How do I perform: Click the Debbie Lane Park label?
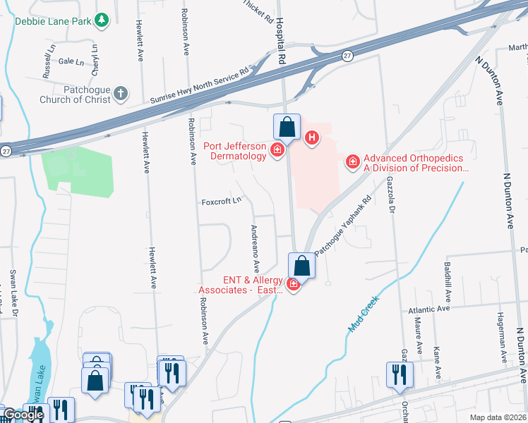click(x=53, y=21)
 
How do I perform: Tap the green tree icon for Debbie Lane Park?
click(x=102, y=20)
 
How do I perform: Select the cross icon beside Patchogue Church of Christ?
click(x=121, y=93)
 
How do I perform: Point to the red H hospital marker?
click(x=311, y=137)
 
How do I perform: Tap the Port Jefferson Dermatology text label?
click(x=235, y=151)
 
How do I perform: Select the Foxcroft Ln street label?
click(x=222, y=200)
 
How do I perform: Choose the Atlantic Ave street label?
click(x=429, y=309)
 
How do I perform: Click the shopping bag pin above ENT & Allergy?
click(x=301, y=266)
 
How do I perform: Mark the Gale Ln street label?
click(x=71, y=62)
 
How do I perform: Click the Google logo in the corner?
click(x=23, y=415)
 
